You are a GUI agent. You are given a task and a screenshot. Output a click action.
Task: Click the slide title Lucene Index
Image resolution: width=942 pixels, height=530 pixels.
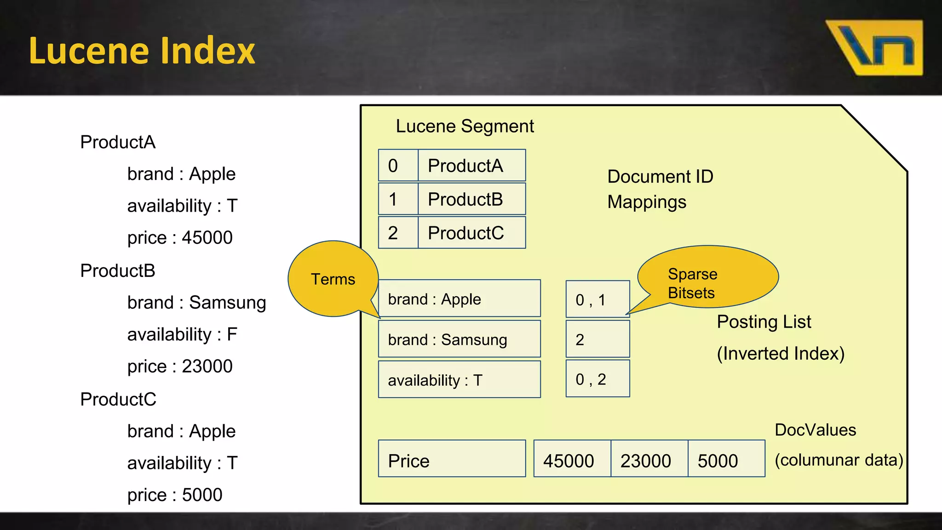[142, 51]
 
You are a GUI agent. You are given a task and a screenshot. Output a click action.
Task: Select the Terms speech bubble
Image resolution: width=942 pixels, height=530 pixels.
[333, 279]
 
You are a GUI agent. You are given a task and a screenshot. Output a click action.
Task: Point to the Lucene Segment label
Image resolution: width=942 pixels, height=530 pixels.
[465, 126]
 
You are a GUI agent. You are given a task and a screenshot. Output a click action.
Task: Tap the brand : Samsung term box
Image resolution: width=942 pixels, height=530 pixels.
[459, 340]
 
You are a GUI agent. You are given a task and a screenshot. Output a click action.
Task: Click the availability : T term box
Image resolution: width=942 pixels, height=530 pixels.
[459, 380]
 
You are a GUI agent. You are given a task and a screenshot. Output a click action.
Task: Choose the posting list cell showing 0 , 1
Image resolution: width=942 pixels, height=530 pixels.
[597, 300]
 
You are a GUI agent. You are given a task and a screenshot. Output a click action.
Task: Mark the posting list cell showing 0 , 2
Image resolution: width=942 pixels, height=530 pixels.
[597, 379]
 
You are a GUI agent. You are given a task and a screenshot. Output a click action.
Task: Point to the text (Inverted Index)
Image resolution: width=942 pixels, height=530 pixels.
[781, 353]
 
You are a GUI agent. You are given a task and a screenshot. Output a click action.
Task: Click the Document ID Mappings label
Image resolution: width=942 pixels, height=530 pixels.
[660, 189]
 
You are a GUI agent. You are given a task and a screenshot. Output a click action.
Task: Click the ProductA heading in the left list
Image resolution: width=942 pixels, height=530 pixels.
[118, 142]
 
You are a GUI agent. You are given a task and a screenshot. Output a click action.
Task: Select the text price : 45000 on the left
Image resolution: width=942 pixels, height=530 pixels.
[180, 238]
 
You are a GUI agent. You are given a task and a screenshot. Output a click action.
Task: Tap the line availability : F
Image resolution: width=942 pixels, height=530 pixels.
[182, 334]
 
